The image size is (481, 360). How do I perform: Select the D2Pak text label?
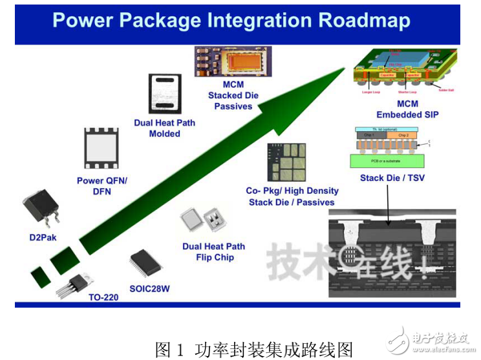tap(43, 237)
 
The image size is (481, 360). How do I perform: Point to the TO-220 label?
tap(103, 298)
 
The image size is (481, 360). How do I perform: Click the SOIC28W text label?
tap(149, 289)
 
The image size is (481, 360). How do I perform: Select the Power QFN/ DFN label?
tap(102, 186)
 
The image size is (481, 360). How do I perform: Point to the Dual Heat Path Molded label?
tap(164, 128)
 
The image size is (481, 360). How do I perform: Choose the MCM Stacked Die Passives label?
tap(233, 96)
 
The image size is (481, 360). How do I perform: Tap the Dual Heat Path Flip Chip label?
tap(213, 251)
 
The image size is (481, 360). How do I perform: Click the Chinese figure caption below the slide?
tap(254, 350)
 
